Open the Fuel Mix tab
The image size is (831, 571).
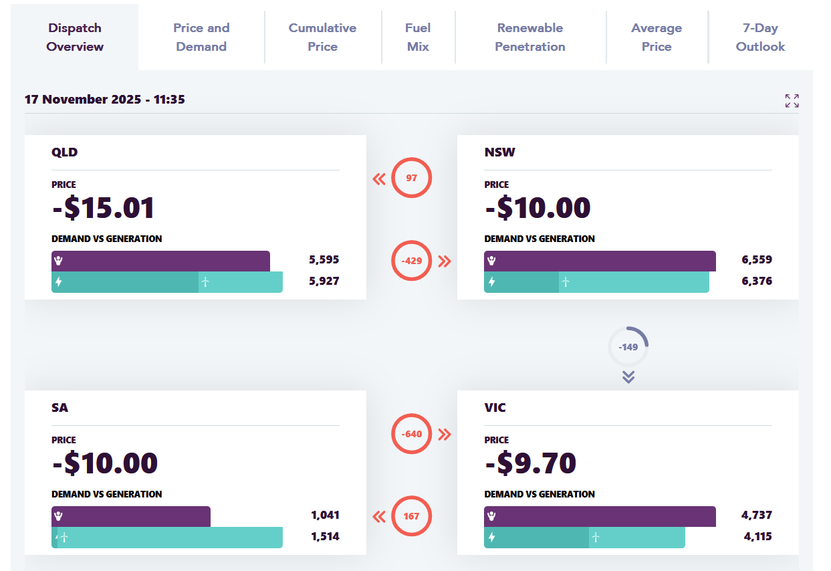point(418,37)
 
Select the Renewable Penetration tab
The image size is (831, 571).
point(530,37)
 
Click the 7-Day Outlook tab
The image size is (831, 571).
point(760,37)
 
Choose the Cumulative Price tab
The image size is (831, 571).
point(322,37)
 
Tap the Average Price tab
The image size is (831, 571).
point(657,37)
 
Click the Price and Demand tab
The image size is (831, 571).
point(201,37)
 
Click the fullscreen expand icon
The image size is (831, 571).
point(792,101)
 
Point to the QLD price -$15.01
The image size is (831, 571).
point(104,208)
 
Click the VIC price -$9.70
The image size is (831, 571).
point(530,463)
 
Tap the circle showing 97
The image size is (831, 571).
point(412,179)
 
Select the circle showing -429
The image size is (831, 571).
point(412,261)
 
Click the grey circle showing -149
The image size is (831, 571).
point(628,347)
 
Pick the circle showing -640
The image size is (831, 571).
point(412,434)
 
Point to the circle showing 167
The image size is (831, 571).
point(412,516)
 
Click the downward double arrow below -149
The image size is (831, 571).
point(628,377)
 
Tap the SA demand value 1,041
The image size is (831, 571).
point(325,516)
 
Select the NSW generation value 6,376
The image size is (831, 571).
point(757,281)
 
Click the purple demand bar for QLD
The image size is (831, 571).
point(160,261)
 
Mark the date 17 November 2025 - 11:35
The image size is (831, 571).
point(105,100)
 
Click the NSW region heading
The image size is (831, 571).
point(500,152)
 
